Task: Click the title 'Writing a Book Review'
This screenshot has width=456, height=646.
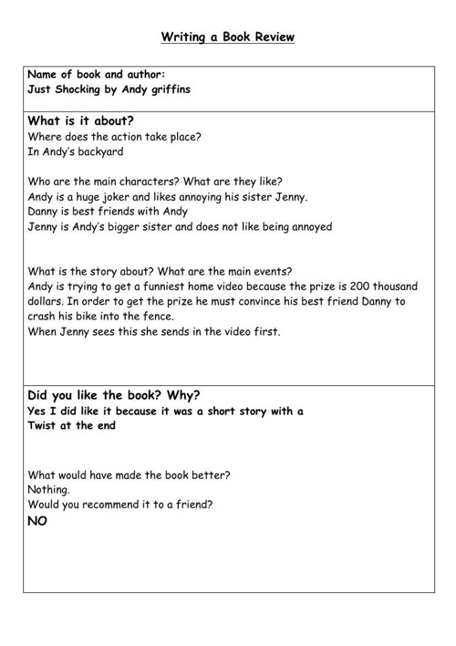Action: click(x=228, y=37)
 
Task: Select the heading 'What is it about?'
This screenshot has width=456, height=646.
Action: click(x=81, y=120)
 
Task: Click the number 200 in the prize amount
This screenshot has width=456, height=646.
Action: click(x=355, y=286)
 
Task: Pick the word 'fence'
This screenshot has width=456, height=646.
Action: click(x=156, y=316)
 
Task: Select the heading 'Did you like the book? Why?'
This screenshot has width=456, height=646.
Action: click(x=114, y=395)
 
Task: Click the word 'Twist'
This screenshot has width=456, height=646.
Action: click(x=47, y=425)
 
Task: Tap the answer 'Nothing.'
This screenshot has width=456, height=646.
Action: click(x=49, y=489)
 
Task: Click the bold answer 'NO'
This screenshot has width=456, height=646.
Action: click(x=37, y=521)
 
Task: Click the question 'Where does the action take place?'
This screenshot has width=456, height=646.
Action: click(x=115, y=137)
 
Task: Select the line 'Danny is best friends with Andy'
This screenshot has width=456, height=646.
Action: click(x=109, y=211)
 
